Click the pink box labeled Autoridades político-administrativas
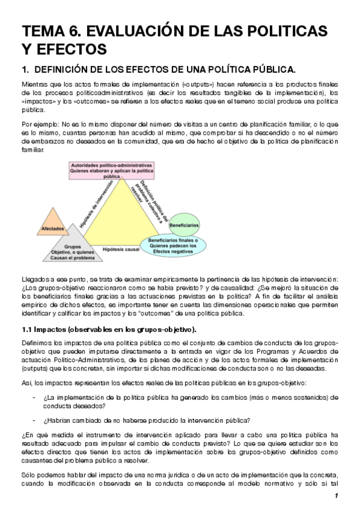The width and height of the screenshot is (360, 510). click(x=112, y=171)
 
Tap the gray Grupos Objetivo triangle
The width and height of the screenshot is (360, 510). click(x=73, y=249)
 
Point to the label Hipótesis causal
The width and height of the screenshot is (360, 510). click(x=121, y=248)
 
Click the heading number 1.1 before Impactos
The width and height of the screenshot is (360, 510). click(x=27, y=330)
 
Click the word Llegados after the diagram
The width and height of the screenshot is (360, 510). click(x=34, y=280)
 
